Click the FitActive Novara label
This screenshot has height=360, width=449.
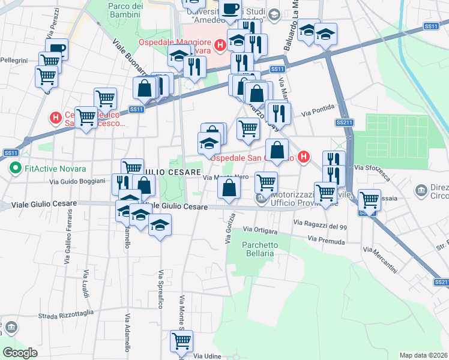tap(55, 168)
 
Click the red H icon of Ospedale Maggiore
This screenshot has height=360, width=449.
tap(220, 44)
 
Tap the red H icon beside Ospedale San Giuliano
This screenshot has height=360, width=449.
tap(304, 157)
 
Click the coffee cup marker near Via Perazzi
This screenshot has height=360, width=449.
tap(56, 50)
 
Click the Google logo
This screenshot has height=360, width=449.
tap(20, 353)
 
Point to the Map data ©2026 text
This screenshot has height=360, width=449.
tap(423, 355)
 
